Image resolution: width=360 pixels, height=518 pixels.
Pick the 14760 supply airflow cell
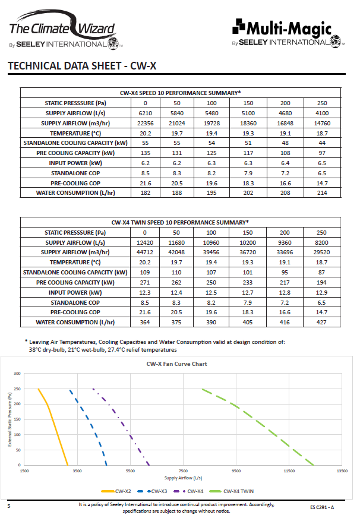323,123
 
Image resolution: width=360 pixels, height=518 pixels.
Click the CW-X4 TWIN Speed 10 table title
180,222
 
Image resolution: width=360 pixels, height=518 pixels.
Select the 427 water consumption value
323,323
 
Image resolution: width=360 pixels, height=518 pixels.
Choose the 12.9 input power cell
323,292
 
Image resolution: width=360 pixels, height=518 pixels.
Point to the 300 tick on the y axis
17,374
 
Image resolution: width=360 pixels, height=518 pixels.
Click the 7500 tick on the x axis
183,470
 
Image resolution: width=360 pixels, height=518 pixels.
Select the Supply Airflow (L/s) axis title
183,478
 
